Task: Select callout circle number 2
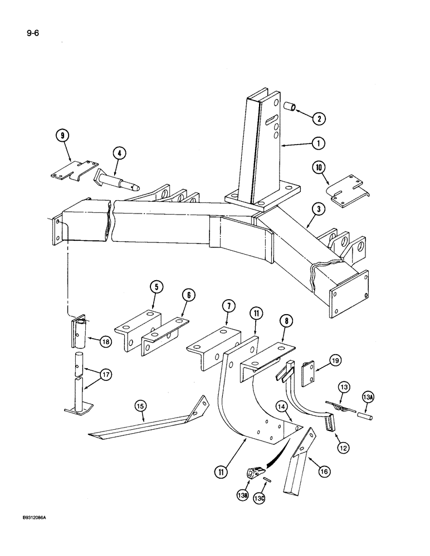(x=319, y=118)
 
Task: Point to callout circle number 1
(x=318, y=143)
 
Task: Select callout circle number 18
(x=105, y=342)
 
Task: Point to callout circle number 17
(x=106, y=376)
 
